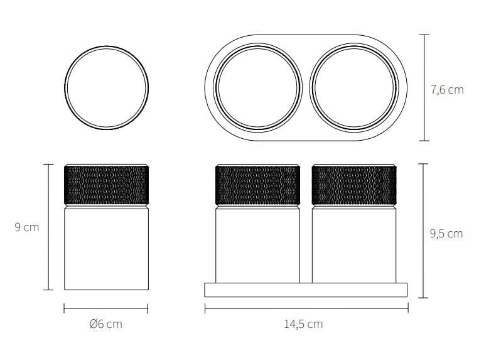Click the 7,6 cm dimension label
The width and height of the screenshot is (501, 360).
[447, 90]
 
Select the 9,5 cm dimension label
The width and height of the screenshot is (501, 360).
[446, 234]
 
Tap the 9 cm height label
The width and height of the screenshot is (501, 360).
[27, 227]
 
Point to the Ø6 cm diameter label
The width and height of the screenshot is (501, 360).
[106, 324]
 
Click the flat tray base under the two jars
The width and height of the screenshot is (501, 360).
[306, 289]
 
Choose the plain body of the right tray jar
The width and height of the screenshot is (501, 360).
[355, 245]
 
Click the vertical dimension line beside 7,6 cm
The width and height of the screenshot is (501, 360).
[425, 87]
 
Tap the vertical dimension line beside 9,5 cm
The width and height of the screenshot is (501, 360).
[425, 230]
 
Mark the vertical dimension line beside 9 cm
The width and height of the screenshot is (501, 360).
[48, 227]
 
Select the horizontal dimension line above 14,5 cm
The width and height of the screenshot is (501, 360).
[306, 308]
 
